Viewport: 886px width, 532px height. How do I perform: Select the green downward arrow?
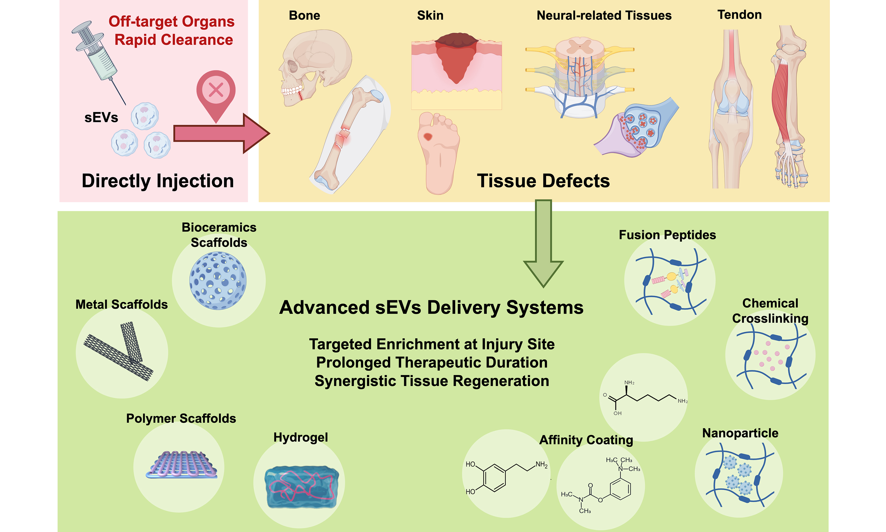[x=543, y=244]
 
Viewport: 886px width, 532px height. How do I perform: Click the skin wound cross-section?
[x=456, y=72]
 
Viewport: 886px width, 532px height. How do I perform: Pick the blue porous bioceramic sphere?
[x=218, y=280]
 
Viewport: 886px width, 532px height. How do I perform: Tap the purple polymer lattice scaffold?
[x=182, y=465]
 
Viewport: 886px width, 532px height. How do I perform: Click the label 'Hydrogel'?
[x=301, y=437]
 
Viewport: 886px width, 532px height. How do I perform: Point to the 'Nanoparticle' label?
[x=740, y=433]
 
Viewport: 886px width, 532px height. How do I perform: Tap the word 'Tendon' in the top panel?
[x=739, y=15]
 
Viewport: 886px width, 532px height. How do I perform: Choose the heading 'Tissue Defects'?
[x=543, y=181]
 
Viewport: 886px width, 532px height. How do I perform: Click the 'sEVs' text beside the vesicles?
[x=101, y=118]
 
